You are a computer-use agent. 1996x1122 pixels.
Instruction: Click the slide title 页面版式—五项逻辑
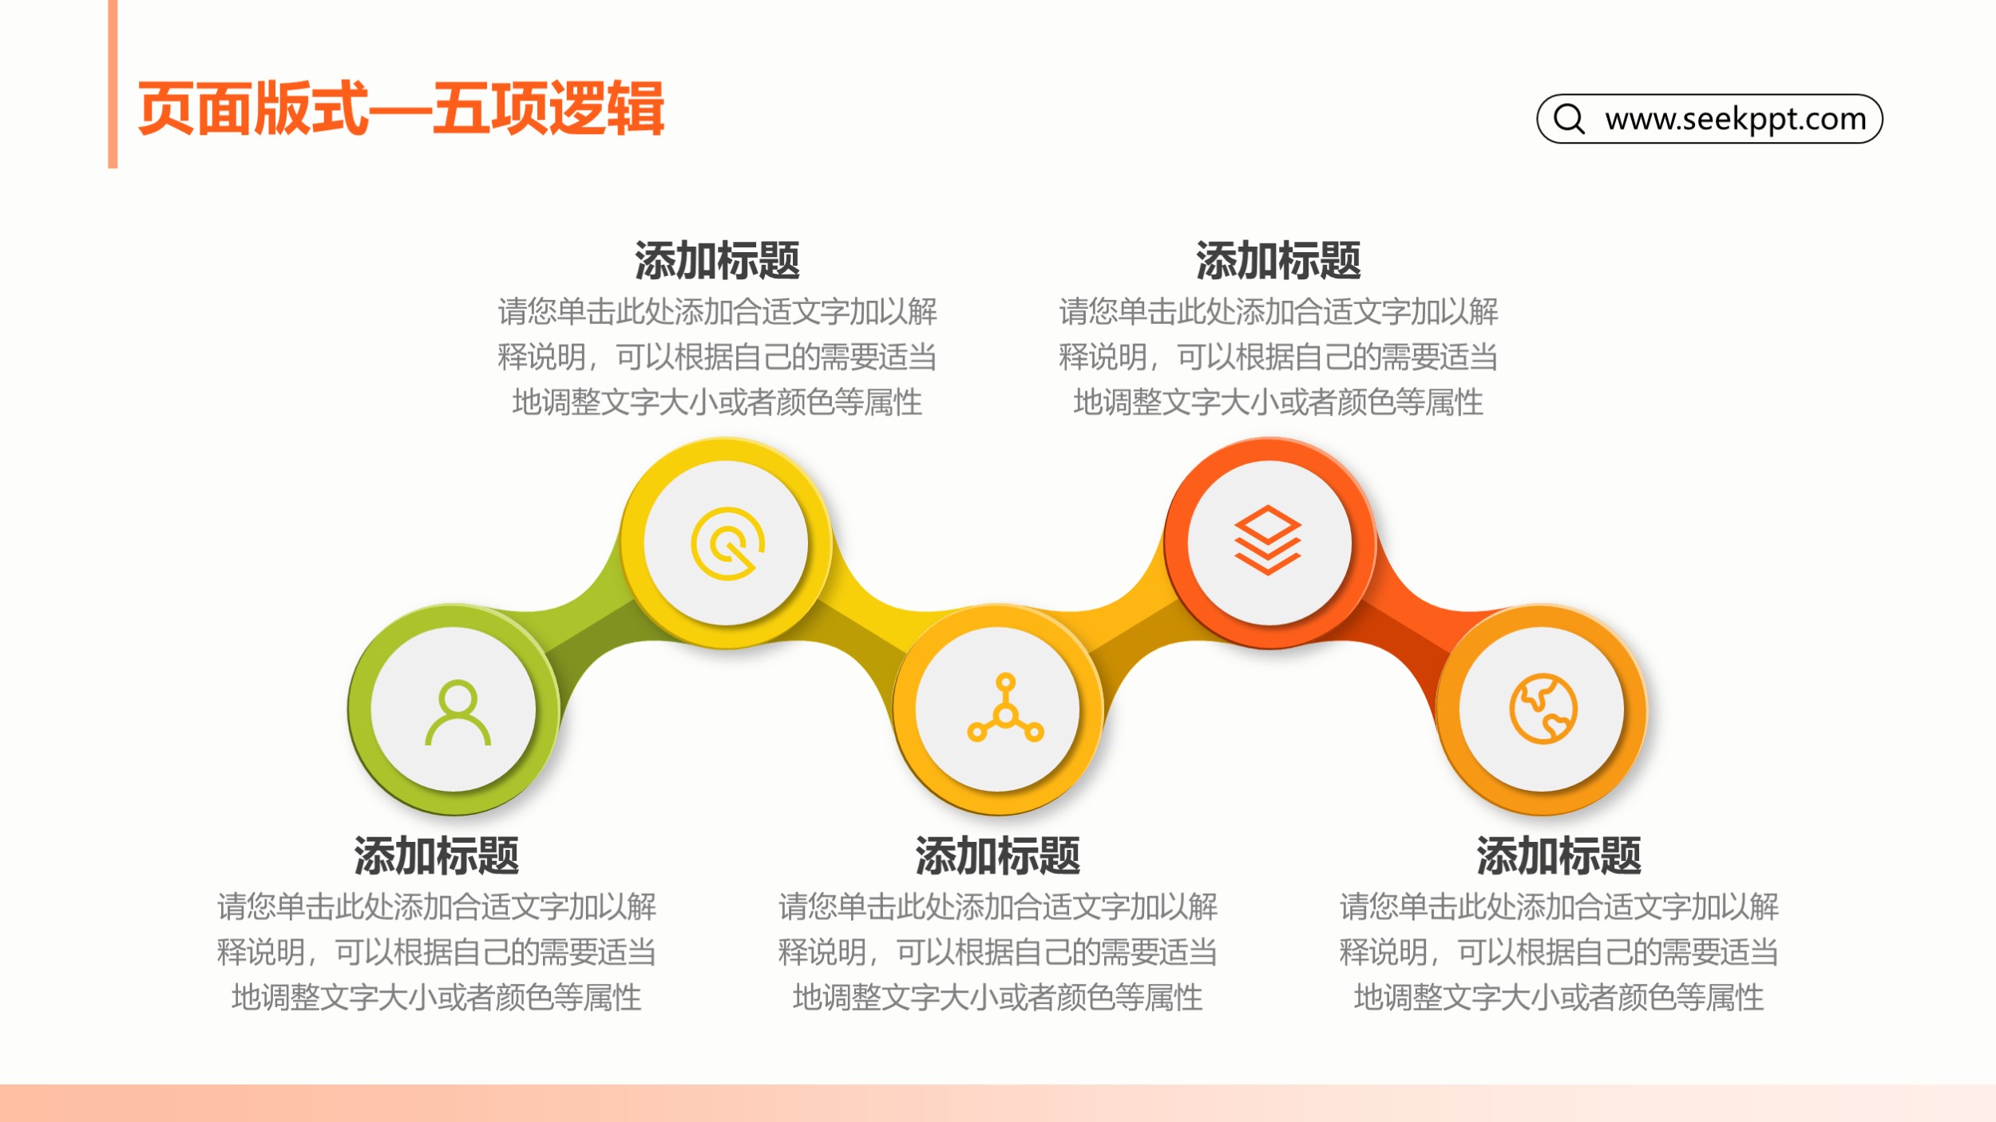click(401, 109)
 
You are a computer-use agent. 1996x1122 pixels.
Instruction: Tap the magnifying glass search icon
click(1569, 119)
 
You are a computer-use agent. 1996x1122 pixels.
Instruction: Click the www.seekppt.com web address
click(1736, 119)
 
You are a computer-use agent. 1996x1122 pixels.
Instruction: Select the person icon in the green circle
click(457, 712)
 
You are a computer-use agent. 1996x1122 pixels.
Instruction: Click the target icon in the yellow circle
click(727, 543)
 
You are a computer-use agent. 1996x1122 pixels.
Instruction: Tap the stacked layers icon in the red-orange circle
click(1268, 540)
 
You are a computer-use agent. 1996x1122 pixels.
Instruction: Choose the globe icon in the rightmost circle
click(1543, 709)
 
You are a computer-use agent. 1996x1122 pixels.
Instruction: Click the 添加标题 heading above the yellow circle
click(717, 260)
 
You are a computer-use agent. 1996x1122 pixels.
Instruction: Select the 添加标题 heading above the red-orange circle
click(1278, 260)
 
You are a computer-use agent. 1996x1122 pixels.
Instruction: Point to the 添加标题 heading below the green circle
click(437, 855)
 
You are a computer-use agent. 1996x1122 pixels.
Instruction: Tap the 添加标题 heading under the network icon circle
click(998, 855)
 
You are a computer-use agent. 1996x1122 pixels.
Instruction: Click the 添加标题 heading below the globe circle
click(1558, 855)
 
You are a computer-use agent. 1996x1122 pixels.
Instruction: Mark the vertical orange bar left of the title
click(113, 84)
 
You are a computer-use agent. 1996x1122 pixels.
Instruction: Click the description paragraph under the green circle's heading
click(437, 952)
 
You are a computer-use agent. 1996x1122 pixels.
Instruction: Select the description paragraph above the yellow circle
click(717, 357)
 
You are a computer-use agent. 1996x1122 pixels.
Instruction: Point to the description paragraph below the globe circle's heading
click(1558, 952)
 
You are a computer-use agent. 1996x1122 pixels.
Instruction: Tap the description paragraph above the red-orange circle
click(1278, 357)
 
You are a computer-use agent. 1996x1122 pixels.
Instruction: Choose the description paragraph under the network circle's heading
click(998, 952)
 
